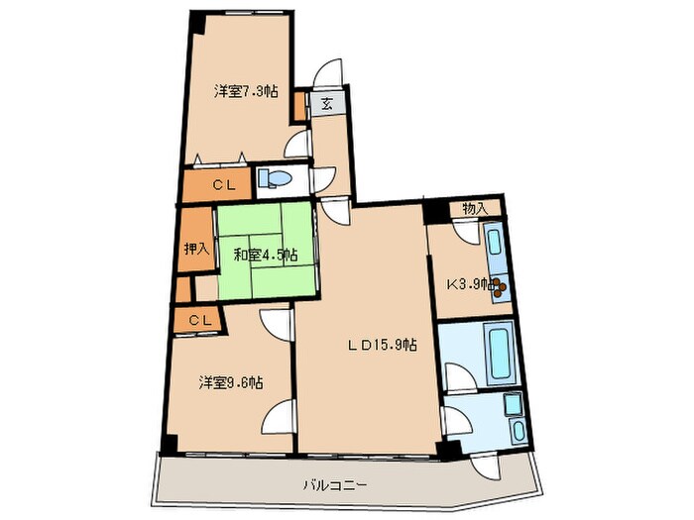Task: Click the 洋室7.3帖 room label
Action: coord(246,91)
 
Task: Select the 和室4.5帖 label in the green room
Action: coord(265,255)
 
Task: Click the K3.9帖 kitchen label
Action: coord(468,284)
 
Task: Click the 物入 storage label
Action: coord(475,208)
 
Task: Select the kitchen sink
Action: coord(493,242)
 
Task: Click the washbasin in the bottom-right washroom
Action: coord(513,405)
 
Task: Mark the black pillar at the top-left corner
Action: coord(197,19)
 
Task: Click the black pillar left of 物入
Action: coord(433,210)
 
